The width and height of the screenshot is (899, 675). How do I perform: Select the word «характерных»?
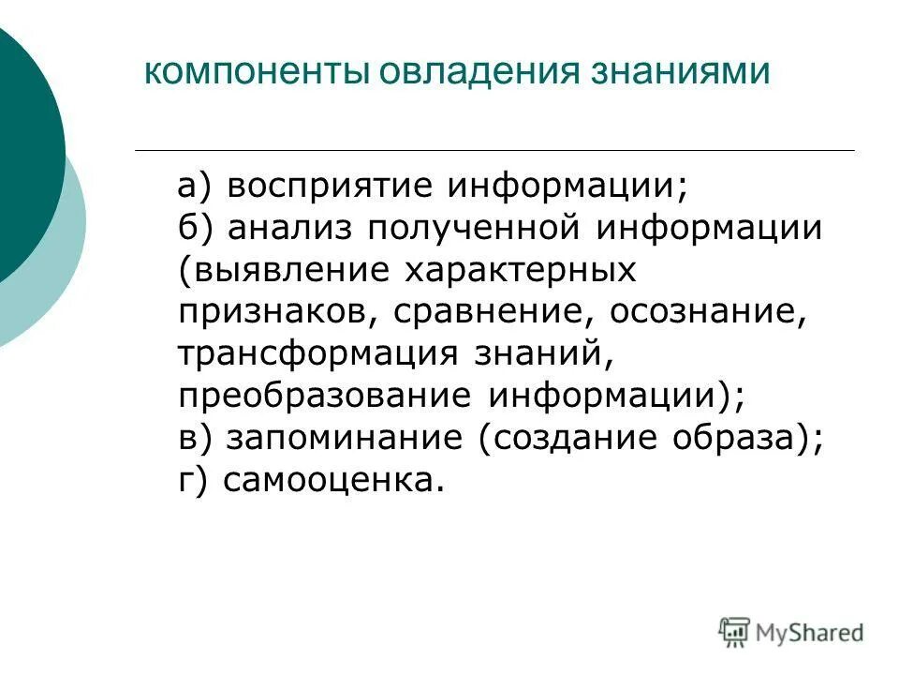tap(521, 271)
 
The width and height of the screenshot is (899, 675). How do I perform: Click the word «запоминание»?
tap(346, 440)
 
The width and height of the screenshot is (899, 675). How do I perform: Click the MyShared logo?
tap(792, 631)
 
